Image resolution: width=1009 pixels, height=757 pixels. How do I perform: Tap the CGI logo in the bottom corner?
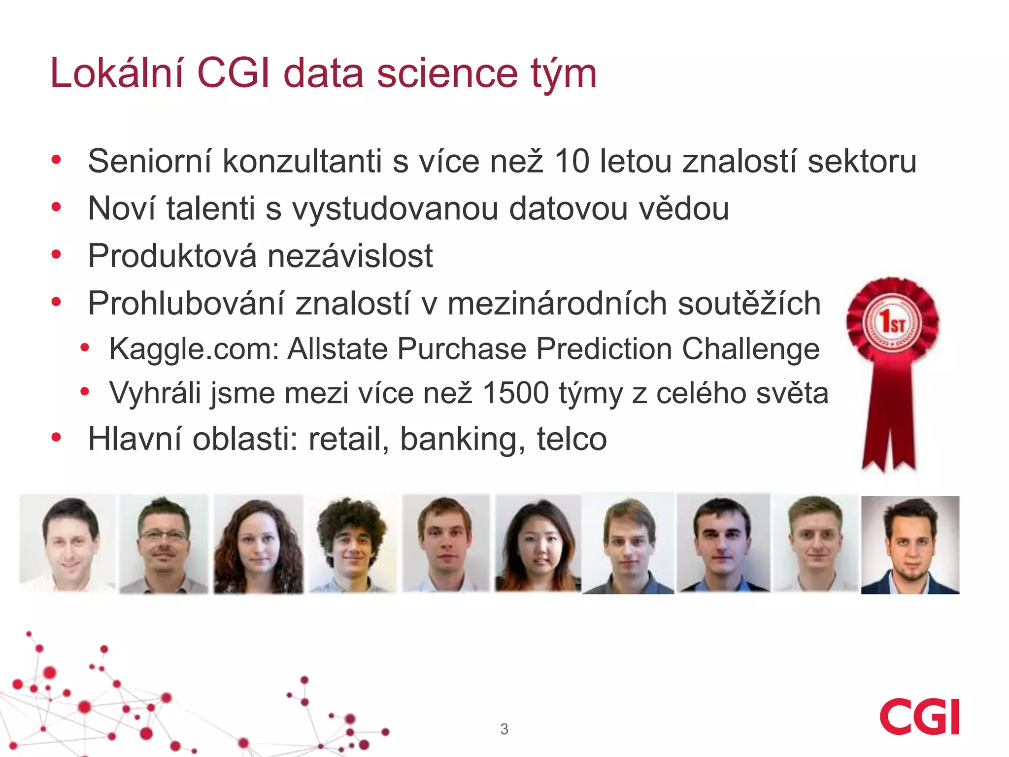[919, 717]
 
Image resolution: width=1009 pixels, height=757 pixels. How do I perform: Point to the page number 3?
[504, 729]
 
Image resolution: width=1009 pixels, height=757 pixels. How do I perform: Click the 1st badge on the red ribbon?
[893, 323]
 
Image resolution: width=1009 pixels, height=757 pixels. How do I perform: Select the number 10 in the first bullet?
[572, 161]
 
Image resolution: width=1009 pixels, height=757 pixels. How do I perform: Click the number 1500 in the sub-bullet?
[516, 393]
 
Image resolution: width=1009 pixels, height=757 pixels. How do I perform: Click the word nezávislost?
[350, 256]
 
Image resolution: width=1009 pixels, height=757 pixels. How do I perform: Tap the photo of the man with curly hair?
[352, 544]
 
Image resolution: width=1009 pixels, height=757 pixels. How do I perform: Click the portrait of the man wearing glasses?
[163, 544]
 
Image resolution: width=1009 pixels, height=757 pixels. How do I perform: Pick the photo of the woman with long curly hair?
[258, 544]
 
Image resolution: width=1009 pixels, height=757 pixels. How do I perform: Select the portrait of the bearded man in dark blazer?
[910, 545]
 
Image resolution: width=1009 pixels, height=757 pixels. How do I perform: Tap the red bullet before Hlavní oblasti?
[56, 437]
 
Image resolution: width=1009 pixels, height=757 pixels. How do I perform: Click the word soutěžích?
[749, 304]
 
